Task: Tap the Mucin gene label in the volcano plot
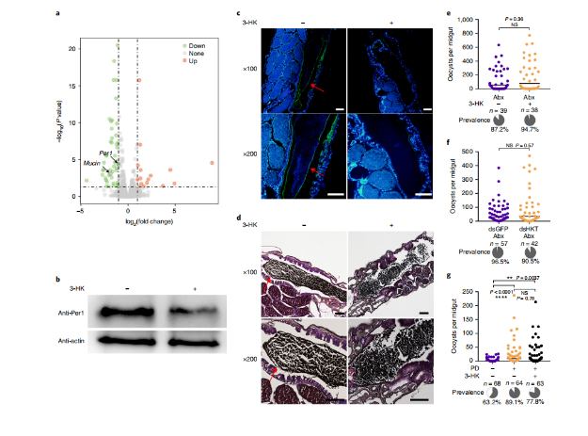pos(92,163)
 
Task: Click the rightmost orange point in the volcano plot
pos(212,163)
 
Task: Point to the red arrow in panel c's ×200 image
pos(316,170)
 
